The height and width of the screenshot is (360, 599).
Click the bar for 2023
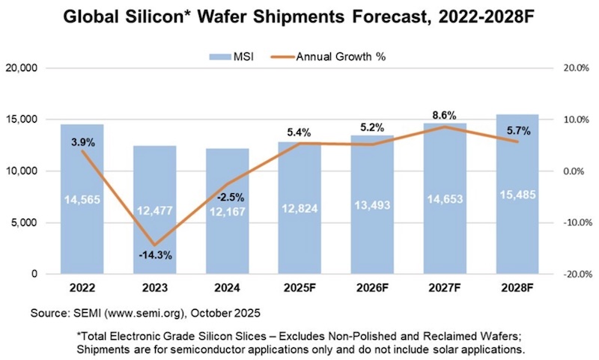coord(156,210)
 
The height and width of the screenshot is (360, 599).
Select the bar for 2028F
coord(517,195)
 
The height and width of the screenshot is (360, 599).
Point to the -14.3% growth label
coord(156,255)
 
